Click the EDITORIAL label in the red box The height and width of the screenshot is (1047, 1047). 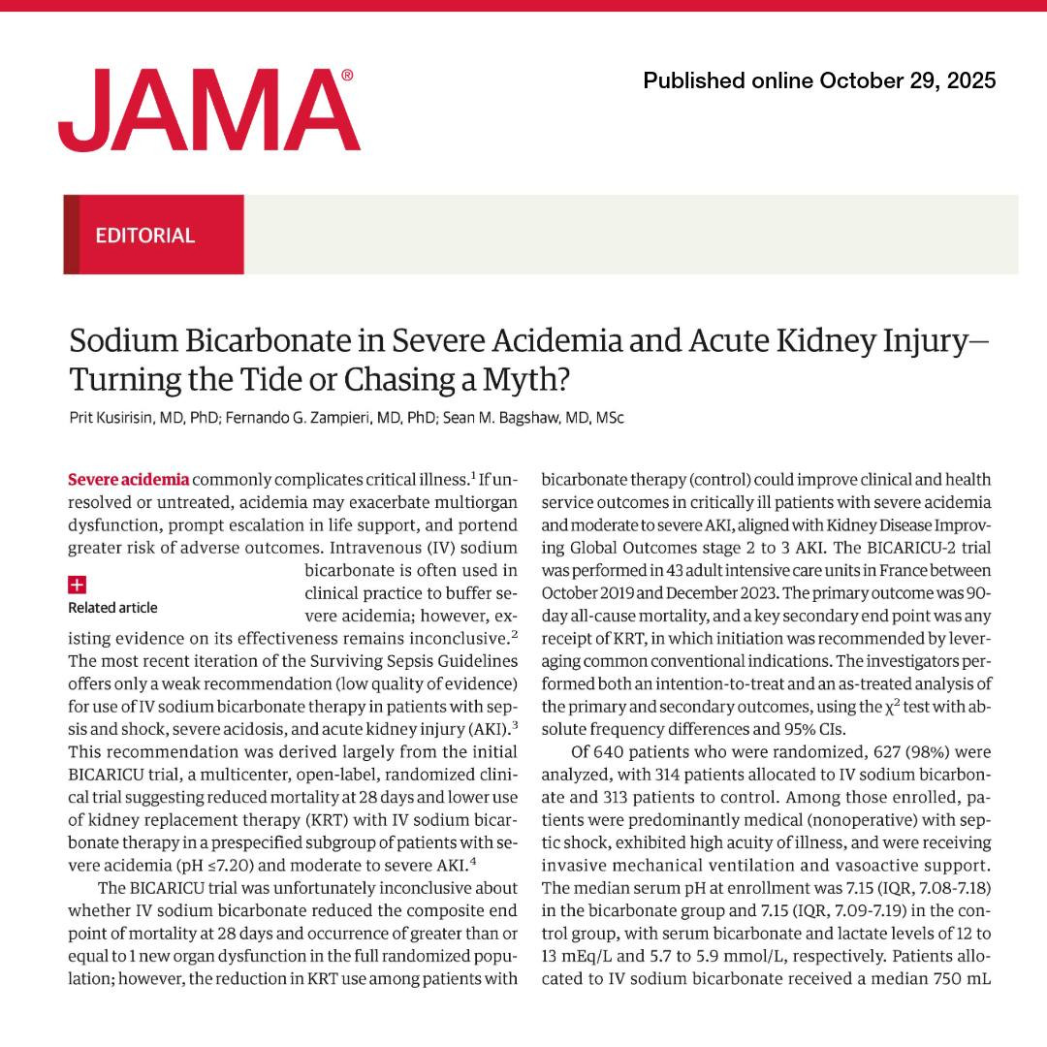(x=145, y=235)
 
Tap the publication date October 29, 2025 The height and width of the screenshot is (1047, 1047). (x=906, y=80)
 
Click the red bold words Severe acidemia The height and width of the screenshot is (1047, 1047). (x=129, y=479)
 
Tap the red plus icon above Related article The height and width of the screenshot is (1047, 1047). (x=78, y=585)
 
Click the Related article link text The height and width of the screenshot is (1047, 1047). (x=112, y=608)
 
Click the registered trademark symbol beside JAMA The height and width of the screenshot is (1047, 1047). (x=347, y=75)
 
